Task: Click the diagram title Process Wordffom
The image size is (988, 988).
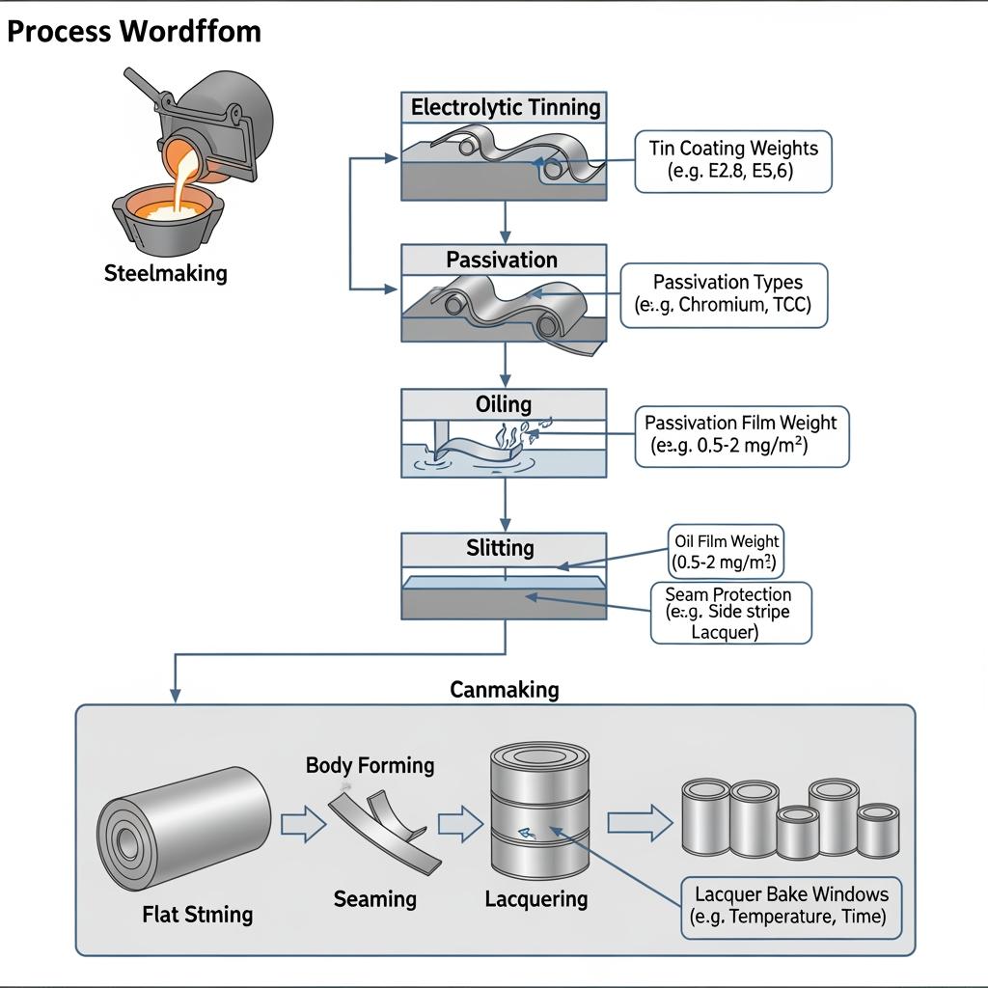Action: point(133,31)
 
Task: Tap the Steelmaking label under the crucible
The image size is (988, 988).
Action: point(165,273)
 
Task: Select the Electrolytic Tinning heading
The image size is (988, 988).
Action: point(505,107)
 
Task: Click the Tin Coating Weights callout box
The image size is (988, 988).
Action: point(733,161)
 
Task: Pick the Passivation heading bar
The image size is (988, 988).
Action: point(503,260)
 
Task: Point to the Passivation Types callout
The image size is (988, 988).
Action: point(724,295)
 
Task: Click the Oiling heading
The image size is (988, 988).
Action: point(503,403)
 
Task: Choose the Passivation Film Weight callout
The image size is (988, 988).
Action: point(741,436)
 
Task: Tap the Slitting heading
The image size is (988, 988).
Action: point(501,548)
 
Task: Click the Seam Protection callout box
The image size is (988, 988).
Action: point(730,613)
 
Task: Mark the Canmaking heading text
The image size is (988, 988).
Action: point(504,690)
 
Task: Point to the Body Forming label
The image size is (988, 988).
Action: point(370,766)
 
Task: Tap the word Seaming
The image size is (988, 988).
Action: point(374,899)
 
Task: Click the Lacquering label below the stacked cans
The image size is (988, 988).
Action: point(535,899)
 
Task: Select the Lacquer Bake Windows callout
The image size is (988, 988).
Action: point(791,907)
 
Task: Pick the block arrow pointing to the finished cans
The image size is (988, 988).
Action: point(640,823)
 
